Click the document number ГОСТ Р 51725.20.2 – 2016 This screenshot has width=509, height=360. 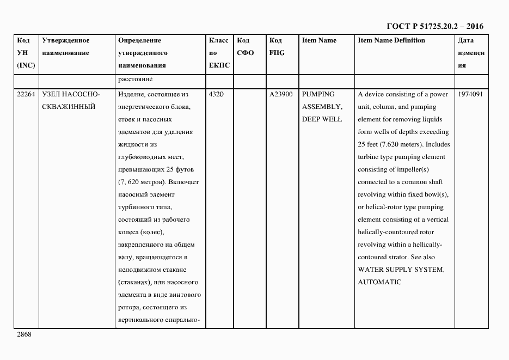pyautogui.click(x=434, y=26)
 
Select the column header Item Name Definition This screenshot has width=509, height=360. pyautogui.click(x=391, y=40)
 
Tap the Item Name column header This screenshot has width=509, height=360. pyautogui.click(x=319, y=40)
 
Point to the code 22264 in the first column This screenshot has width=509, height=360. pyautogui.click(x=26, y=94)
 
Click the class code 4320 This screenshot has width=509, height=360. pyautogui.click(x=216, y=94)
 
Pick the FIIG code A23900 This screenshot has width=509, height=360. pyautogui.click(x=281, y=94)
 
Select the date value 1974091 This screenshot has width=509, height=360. pyautogui.click(x=470, y=94)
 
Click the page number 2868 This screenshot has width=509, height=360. pyautogui.click(x=24, y=334)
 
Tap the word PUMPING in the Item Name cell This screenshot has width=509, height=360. pyautogui.click(x=318, y=94)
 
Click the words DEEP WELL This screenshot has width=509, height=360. pyautogui.click(x=322, y=119)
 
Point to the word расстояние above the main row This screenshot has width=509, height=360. pyautogui.click(x=134, y=80)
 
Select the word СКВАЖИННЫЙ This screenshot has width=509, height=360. pyautogui.click(x=69, y=107)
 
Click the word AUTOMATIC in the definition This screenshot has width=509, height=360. pyautogui.click(x=379, y=282)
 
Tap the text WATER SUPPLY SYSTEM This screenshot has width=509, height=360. pyautogui.click(x=400, y=270)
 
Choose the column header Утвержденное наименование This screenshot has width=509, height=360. pyautogui.click(x=65, y=46)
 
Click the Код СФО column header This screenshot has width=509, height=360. pyautogui.click(x=246, y=46)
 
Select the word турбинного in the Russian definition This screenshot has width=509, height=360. pyautogui.click(x=135, y=207)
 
